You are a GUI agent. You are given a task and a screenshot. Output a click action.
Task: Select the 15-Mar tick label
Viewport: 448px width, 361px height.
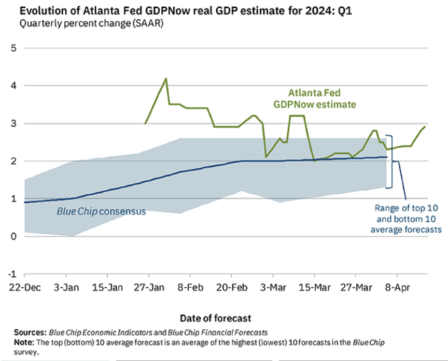(313, 286)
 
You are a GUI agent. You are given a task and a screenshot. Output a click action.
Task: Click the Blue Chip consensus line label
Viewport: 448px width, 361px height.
(101, 211)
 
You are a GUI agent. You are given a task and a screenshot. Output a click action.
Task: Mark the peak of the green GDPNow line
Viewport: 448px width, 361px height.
(166, 78)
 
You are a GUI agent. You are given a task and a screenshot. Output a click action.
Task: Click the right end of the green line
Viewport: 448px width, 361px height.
(426, 127)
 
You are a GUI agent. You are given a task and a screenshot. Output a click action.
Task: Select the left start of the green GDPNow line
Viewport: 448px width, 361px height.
(145, 124)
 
